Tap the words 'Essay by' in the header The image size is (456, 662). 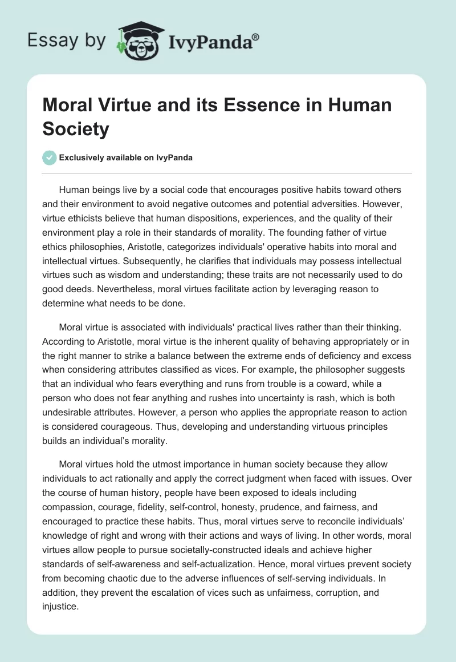click(67, 41)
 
